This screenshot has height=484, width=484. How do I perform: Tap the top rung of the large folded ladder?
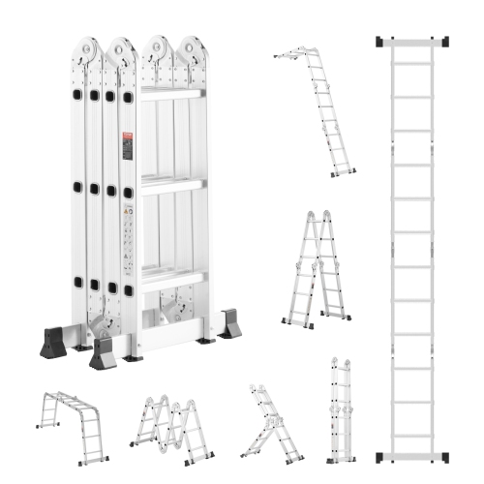pyautogui.click(x=172, y=93)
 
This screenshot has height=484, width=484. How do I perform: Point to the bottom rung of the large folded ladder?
pyautogui.click(x=172, y=280)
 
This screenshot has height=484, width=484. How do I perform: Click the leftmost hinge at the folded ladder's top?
pyautogui.click(x=88, y=50)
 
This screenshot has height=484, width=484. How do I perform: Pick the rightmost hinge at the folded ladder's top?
pyautogui.click(x=193, y=50)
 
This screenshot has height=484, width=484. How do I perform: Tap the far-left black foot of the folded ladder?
pyautogui.click(x=54, y=344)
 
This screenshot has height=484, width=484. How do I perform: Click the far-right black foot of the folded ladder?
pyautogui.click(x=229, y=324)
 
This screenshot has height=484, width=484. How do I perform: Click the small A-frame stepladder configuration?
pyautogui.click(x=316, y=266)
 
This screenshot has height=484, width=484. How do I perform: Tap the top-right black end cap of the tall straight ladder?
pyautogui.click(x=445, y=42)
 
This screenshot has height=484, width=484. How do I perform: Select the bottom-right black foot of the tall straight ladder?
pyautogui.click(x=445, y=456)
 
